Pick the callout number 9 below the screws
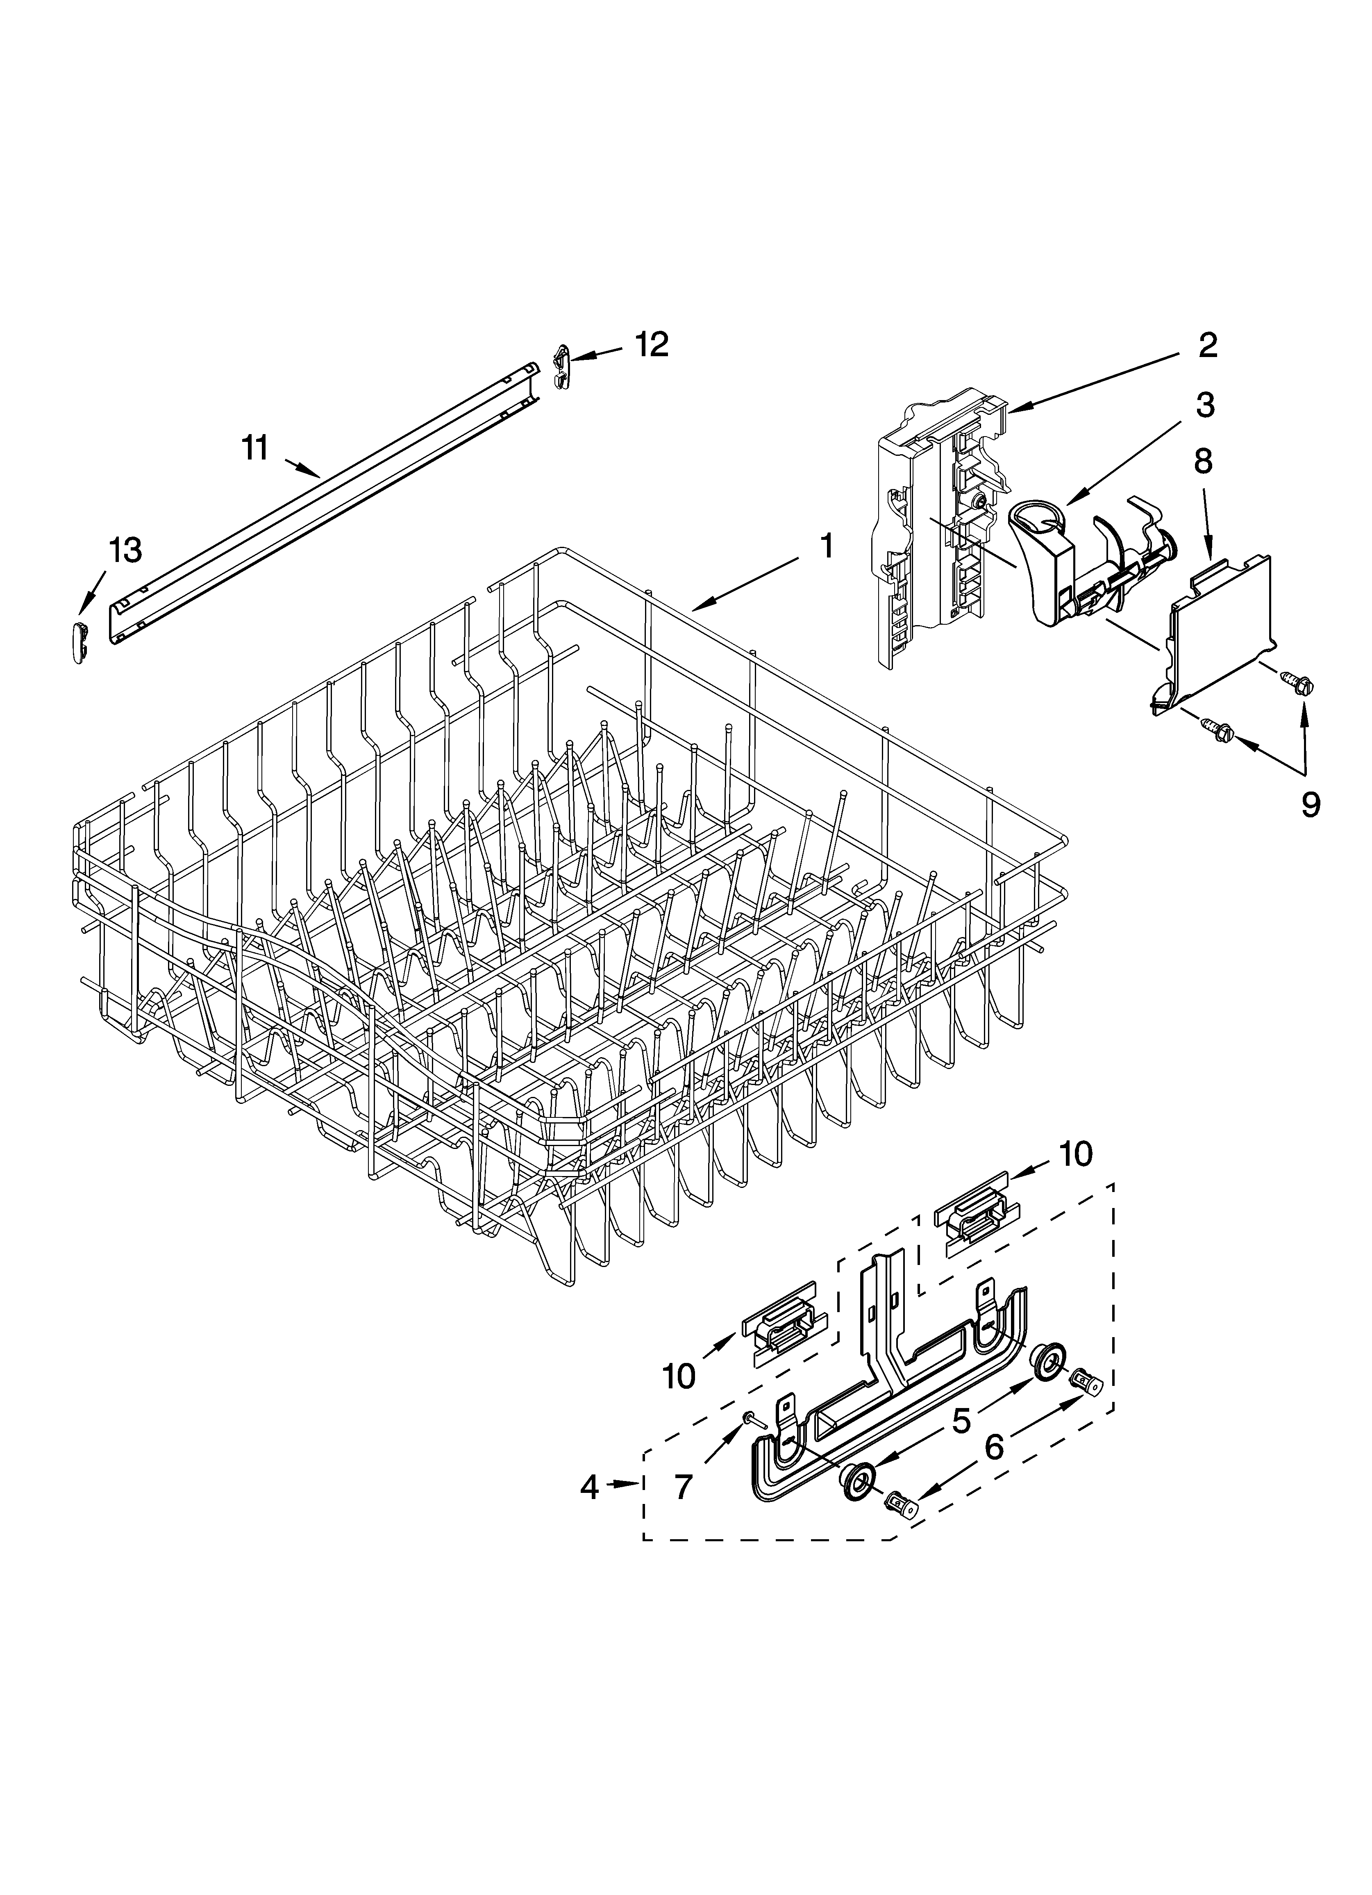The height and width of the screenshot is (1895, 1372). point(1310,805)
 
